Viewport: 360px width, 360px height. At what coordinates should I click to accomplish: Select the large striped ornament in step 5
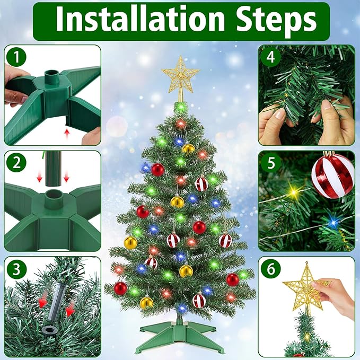click(332, 174)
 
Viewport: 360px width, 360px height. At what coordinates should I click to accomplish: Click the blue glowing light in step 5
click(332, 222)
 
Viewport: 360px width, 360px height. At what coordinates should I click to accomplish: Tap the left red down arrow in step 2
click(38, 176)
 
